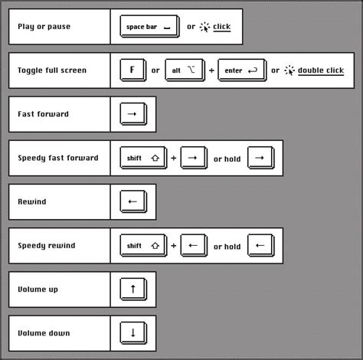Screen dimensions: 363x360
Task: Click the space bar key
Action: point(149,26)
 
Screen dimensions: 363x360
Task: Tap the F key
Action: point(133,70)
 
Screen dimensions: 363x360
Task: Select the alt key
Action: point(185,70)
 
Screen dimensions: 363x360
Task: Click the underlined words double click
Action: point(321,70)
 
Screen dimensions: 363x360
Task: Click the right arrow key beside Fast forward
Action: point(133,114)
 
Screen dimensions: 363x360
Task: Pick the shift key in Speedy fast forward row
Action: point(143,158)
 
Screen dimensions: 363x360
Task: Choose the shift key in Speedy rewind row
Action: point(143,245)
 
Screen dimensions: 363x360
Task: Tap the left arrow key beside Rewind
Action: point(133,201)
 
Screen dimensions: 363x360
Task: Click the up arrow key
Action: point(133,289)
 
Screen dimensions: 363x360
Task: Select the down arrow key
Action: point(133,333)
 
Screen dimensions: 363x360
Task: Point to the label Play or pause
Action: point(44,27)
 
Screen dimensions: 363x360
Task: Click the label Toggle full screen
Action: point(52,70)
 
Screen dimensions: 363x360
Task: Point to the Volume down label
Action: point(44,333)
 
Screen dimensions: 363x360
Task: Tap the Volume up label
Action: point(38,290)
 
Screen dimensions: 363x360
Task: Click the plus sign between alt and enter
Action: point(211,70)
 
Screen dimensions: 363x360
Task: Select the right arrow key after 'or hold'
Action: point(261,158)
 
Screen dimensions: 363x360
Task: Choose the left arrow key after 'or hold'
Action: point(261,245)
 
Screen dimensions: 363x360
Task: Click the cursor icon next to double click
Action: point(289,70)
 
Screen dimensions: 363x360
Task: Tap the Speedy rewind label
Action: point(47,246)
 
